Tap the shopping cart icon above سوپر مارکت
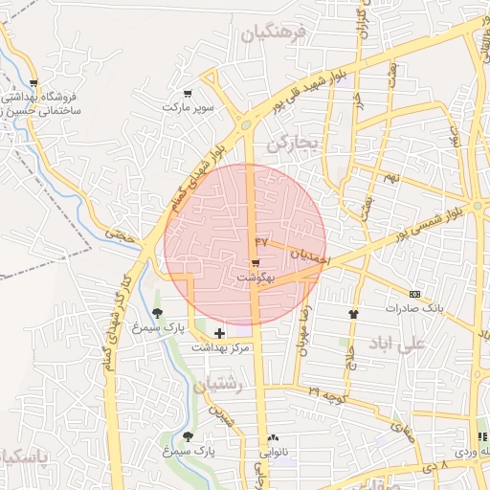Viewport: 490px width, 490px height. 189,94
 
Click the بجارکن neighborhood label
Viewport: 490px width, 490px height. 291,144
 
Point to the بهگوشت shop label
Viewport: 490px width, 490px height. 256,277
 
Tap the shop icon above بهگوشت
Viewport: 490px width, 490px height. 256,263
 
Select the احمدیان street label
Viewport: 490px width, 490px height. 310,256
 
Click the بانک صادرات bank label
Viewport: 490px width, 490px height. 416,308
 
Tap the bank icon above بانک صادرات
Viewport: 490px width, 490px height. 414,294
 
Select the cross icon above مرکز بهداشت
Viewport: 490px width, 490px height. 220,333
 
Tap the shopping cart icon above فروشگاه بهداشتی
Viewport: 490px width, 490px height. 33,84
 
